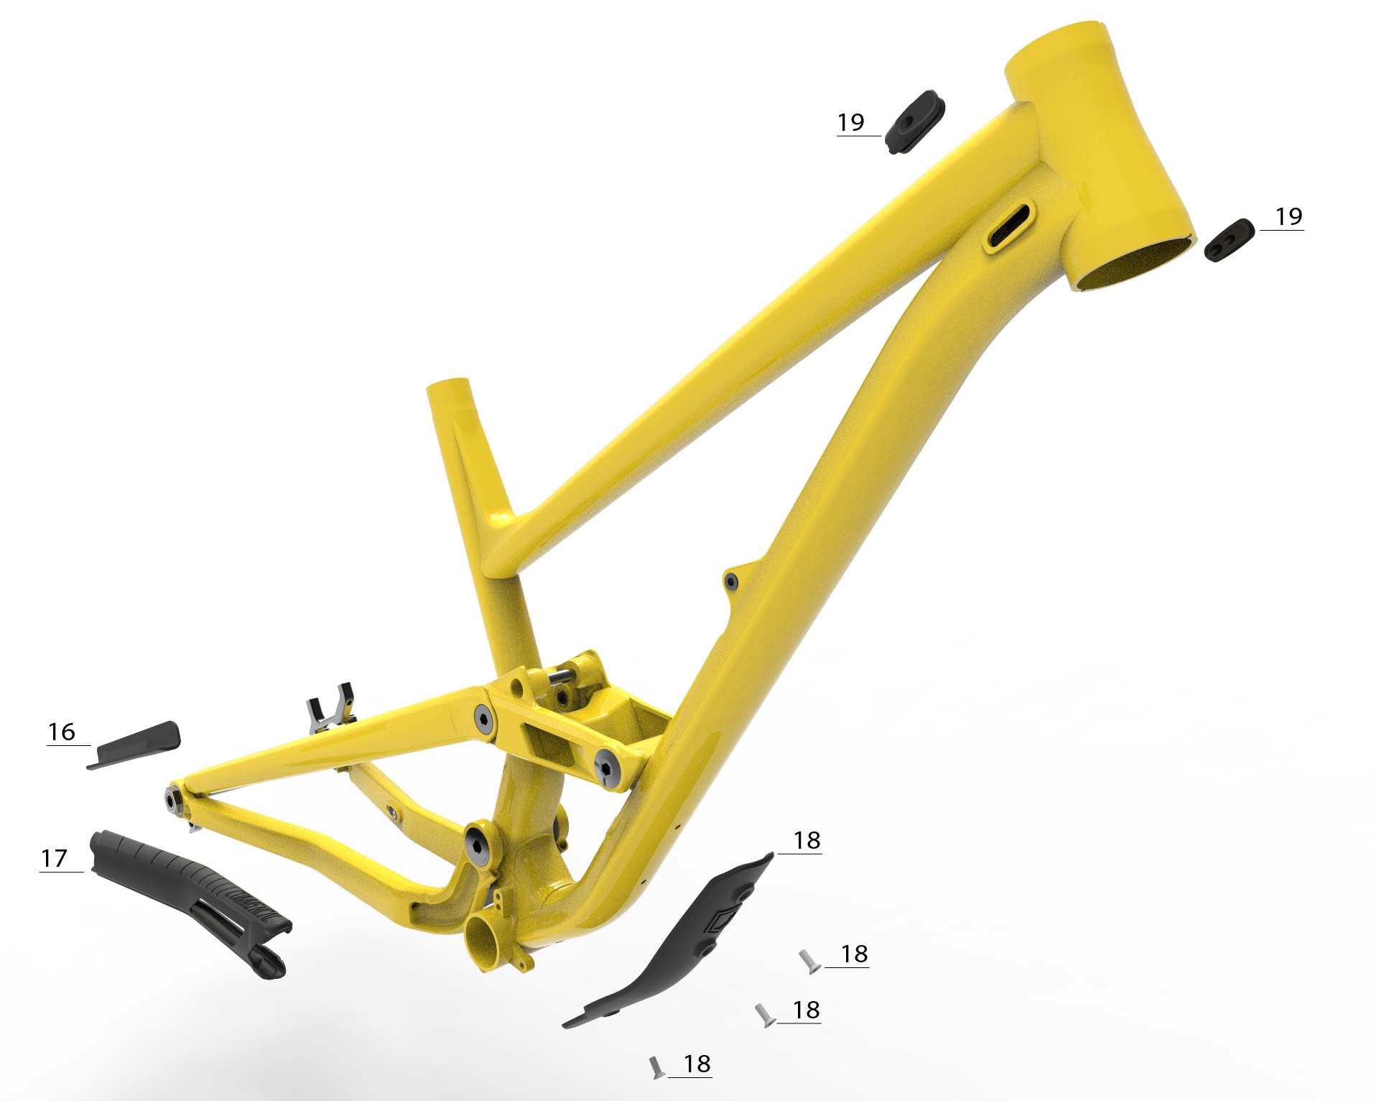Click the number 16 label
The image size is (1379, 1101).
coord(62,732)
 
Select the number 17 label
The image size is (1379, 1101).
coord(55,858)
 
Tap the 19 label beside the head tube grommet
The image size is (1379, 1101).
coord(1289,216)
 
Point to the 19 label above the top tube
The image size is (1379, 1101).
coord(851,122)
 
